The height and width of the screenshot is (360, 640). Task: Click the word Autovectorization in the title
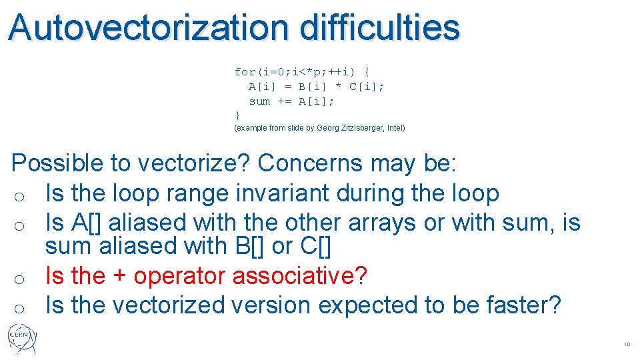(149, 28)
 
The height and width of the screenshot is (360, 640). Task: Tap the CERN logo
(22, 339)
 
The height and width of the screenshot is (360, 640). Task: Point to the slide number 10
(627, 345)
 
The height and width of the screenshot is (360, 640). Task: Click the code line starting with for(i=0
(303, 71)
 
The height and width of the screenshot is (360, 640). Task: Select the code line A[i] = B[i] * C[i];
(316, 87)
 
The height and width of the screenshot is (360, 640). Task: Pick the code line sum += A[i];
(291, 101)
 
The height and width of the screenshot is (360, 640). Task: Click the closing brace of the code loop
(237, 115)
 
